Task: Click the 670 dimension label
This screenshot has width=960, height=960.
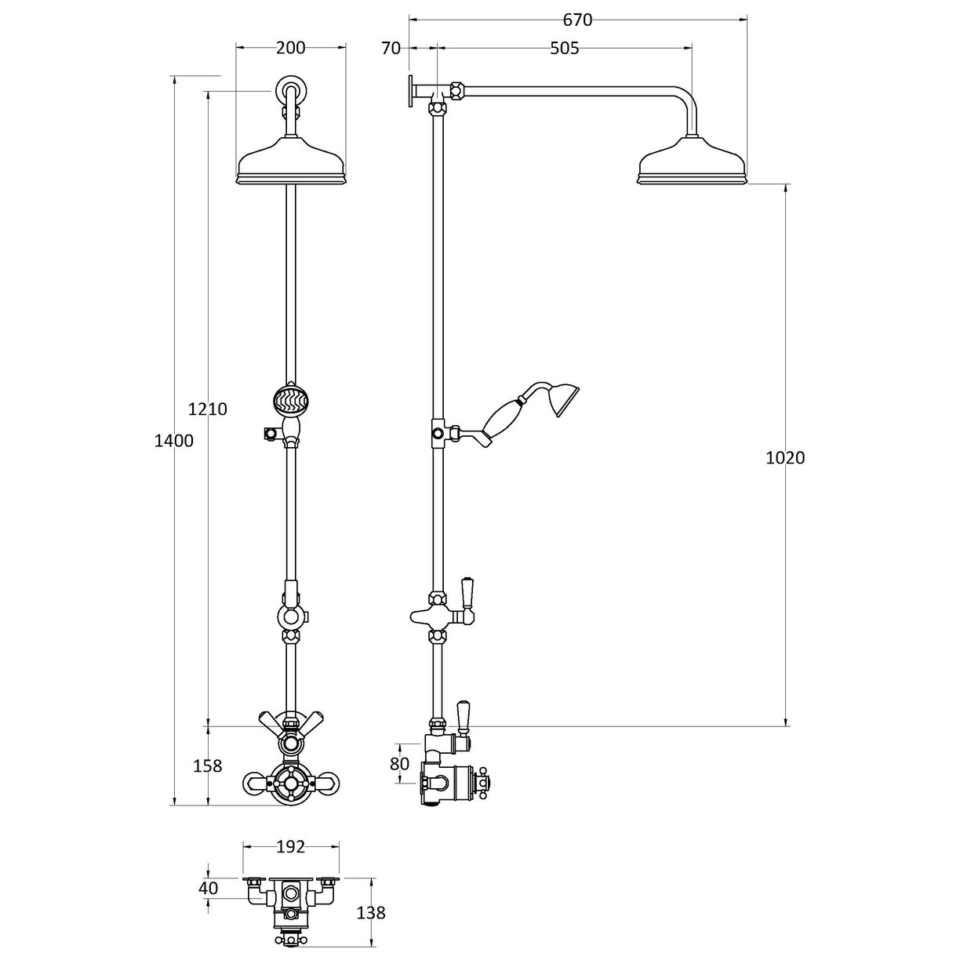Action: (577, 20)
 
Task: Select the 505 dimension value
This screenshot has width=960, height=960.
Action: (564, 49)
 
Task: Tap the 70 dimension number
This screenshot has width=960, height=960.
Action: (390, 49)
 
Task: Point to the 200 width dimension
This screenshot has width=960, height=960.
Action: (290, 48)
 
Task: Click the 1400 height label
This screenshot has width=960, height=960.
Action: (173, 441)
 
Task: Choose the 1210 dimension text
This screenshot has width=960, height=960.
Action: (208, 409)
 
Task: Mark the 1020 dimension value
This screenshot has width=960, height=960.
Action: (785, 458)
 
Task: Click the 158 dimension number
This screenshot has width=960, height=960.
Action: (207, 765)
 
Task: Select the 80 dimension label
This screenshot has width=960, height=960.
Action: (400, 762)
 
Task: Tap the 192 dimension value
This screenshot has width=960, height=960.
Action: (291, 847)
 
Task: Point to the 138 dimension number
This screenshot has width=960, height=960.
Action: (371, 913)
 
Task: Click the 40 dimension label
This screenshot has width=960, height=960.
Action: (208, 889)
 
